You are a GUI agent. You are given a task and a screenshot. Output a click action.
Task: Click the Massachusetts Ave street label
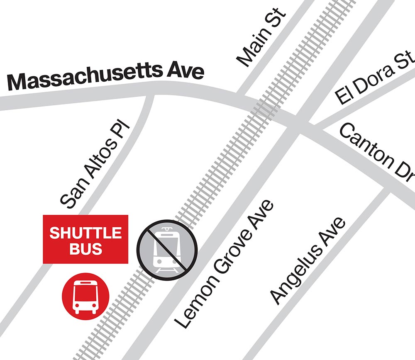(x=106, y=78)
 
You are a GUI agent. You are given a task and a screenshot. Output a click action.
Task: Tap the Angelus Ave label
(x=308, y=261)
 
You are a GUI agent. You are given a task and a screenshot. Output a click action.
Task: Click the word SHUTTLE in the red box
(x=85, y=233)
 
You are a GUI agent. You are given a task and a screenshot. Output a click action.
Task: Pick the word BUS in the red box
(x=85, y=249)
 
